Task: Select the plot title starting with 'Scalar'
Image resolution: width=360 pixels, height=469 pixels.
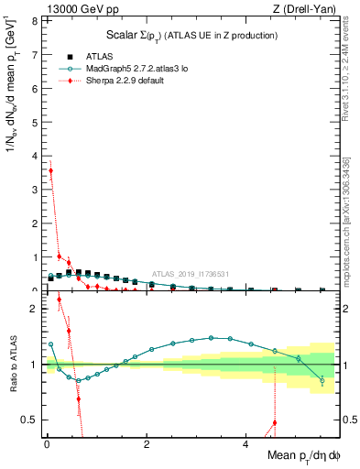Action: [187, 35]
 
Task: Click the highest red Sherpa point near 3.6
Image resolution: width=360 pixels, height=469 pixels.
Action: [50, 170]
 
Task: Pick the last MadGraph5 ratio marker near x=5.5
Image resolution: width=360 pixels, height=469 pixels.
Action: [322, 380]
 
